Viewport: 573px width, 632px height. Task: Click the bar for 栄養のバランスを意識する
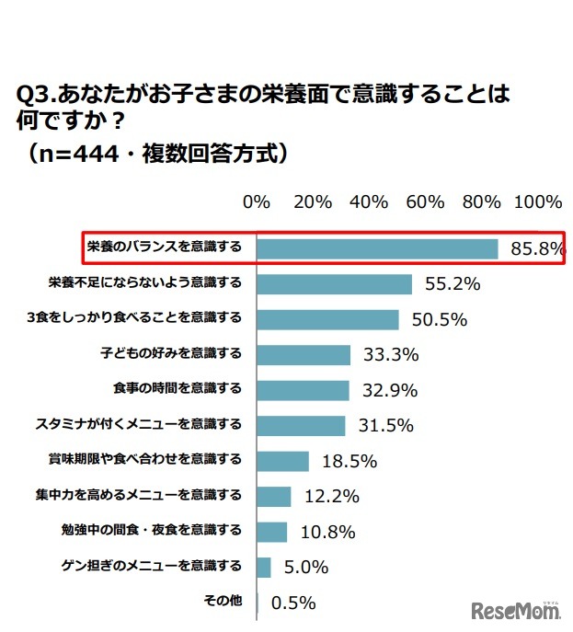[x=377, y=248]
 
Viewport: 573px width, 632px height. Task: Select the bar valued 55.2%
[x=334, y=284]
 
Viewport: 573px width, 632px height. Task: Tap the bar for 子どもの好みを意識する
[x=304, y=355]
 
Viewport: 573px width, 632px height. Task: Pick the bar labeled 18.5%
[x=282, y=461]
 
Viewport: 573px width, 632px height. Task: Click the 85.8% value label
[x=536, y=249]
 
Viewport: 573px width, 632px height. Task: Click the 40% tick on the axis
[x=369, y=201]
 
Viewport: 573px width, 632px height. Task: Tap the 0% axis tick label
[x=256, y=201]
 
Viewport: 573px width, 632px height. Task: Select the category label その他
[x=222, y=601]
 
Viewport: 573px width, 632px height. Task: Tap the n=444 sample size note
[x=88, y=152]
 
